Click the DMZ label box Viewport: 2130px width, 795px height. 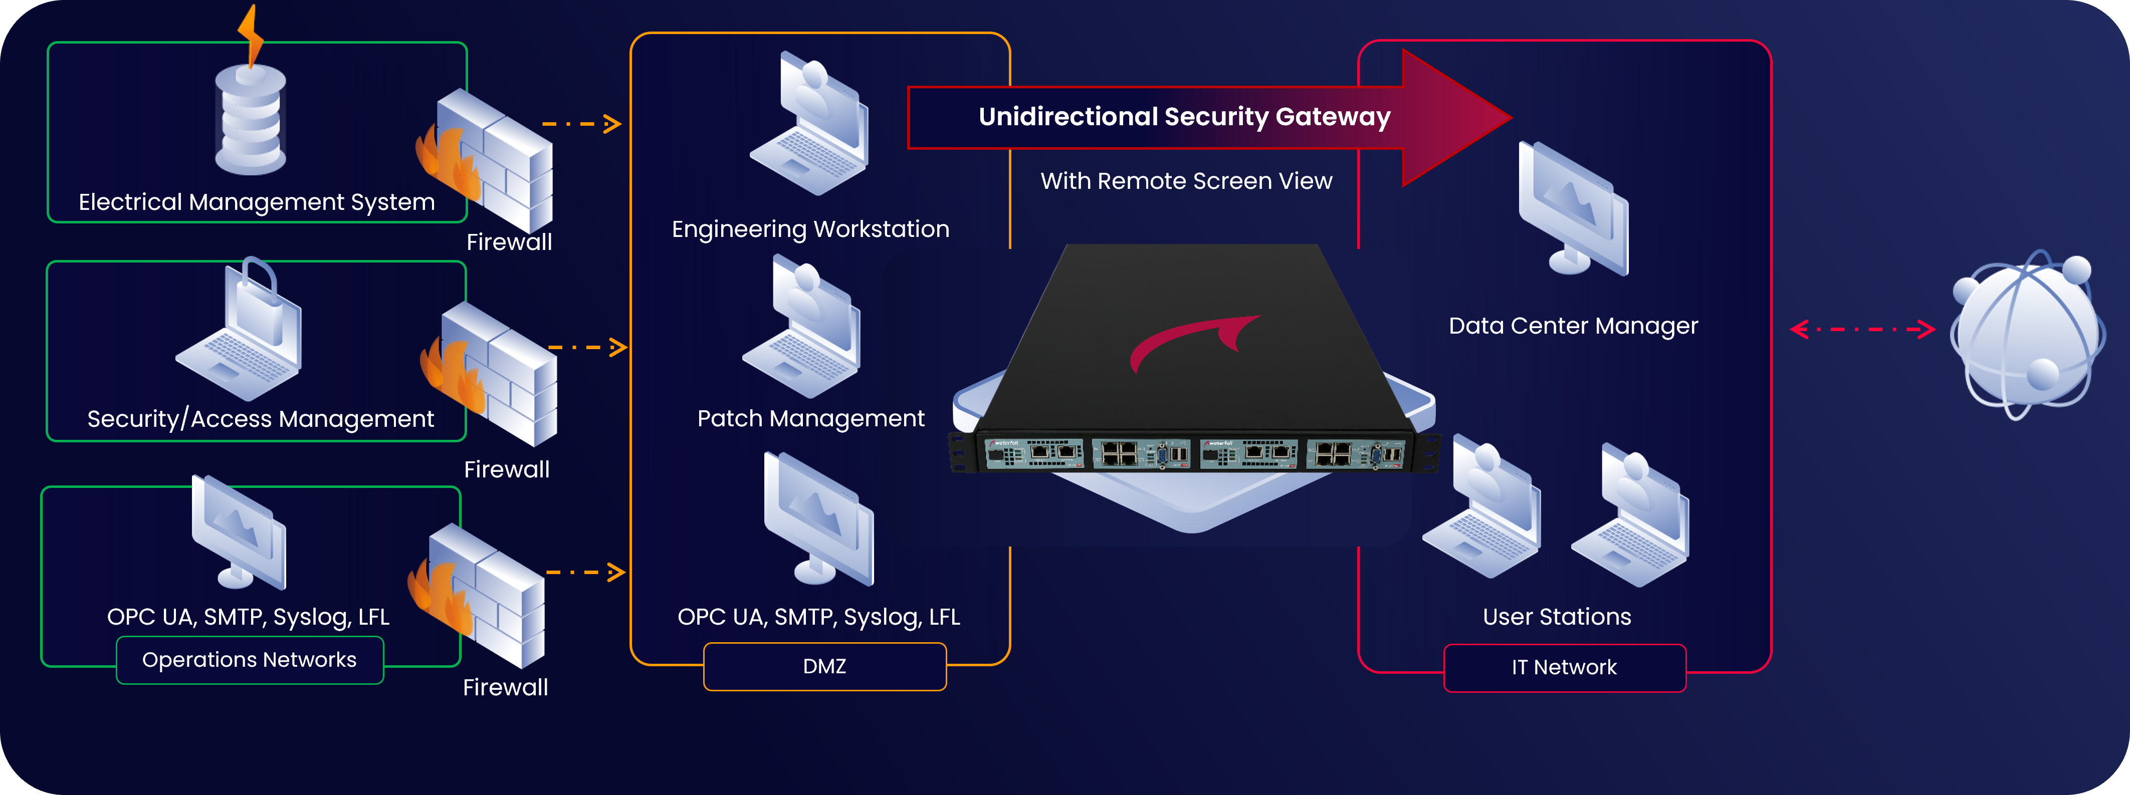pos(824,666)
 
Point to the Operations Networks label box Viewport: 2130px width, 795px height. pos(250,659)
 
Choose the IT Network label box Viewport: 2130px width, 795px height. pos(1564,667)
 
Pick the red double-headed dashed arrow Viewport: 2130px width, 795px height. pos(1861,330)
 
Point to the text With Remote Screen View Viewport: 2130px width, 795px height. pos(1186,181)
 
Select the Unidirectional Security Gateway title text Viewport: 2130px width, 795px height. pos(1184,117)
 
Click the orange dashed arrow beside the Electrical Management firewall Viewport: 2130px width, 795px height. pos(581,124)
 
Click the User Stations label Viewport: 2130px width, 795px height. pos(1556,617)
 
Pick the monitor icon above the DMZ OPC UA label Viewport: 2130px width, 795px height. pos(818,519)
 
